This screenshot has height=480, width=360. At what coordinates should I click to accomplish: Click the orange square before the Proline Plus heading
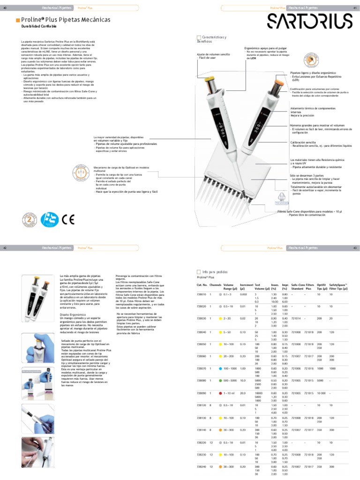tap(18, 20)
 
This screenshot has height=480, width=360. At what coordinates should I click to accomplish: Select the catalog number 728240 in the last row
tap(202, 466)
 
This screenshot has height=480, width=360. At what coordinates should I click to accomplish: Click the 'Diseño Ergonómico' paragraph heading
tap(72, 314)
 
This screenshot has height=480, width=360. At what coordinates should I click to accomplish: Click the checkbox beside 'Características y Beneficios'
tap(198, 37)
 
